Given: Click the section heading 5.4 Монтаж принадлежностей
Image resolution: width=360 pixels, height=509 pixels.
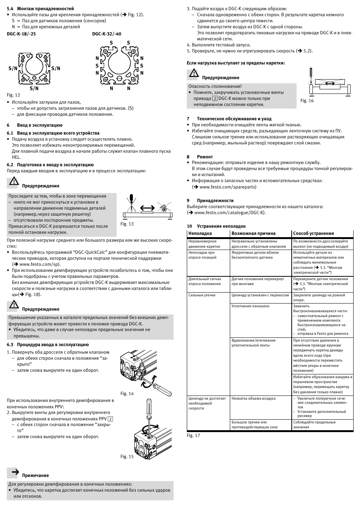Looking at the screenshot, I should point(40,9).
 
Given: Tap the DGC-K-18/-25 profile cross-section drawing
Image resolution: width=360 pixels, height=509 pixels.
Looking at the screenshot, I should point(34,68).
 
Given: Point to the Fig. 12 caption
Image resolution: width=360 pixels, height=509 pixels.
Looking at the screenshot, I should point(13,95).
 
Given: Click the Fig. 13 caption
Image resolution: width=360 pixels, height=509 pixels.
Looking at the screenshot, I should point(127,224).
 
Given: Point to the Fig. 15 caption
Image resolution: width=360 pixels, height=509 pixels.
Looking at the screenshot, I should point(127,457).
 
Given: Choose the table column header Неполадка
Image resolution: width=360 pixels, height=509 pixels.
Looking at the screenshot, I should point(200,233).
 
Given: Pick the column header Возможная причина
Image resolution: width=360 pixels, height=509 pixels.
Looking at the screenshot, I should point(253,233).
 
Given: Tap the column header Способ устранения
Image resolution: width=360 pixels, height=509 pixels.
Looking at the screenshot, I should point(313,233).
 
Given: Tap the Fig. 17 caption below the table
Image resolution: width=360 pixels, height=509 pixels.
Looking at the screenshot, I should point(193,435).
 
